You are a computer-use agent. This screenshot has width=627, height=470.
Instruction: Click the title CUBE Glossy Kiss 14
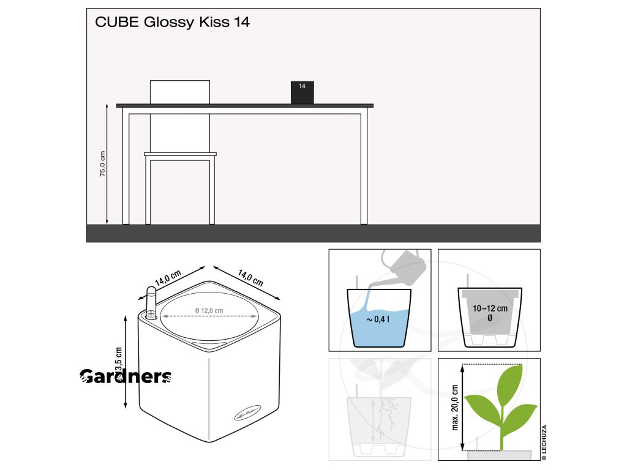coord(172,23)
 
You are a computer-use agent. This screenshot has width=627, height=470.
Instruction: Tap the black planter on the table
coord(302,92)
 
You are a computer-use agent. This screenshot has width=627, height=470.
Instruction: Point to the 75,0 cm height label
coord(103,164)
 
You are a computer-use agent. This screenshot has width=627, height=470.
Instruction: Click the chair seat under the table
coord(180,154)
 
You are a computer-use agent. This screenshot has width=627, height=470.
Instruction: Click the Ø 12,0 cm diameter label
coord(209,311)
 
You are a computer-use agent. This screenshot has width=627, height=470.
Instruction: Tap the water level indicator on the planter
coord(151,303)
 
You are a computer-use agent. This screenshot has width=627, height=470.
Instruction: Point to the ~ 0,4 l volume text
coord(378,320)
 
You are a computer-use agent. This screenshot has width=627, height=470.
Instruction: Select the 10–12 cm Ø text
coord(489,313)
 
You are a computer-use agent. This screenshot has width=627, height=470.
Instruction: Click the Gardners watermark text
coord(126,377)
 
